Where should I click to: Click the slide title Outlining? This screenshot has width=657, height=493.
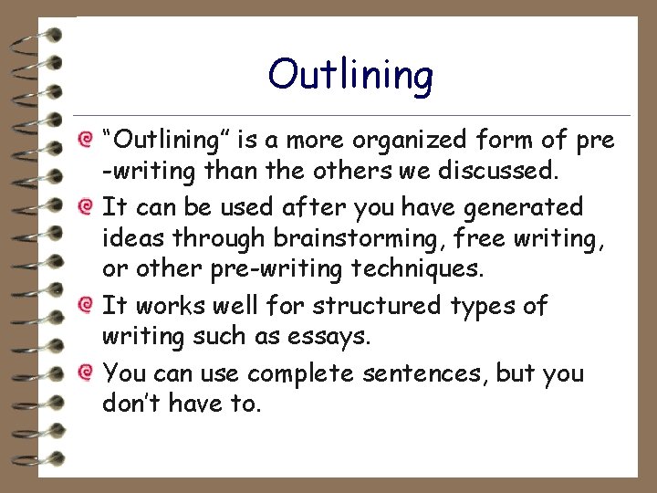click(350, 75)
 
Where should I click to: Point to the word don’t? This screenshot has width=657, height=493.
click(131, 404)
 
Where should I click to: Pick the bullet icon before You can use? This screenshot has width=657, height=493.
click(85, 373)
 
